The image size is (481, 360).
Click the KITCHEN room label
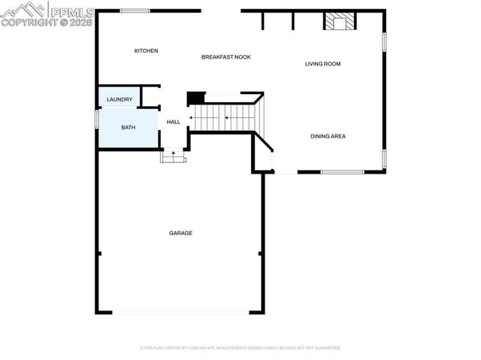pyautogui.click(x=146, y=51)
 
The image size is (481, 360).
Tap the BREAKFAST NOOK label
pyautogui.click(x=225, y=57)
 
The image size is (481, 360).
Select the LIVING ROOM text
pyautogui.click(x=322, y=64)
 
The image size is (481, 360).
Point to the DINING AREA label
pyautogui.click(x=328, y=136)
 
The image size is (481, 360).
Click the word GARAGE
pyautogui.click(x=180, y=233)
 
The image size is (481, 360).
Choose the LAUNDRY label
pyautogui.click(x=119, y=99)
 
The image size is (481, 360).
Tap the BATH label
pyautogui.click(x=129, y=127)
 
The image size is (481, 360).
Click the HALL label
pyautogui.click(x=174, y=122)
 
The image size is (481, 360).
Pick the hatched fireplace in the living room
pyautogui.click(x=339, y=23)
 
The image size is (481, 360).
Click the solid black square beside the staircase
pyautogui.click(x=195, y=98)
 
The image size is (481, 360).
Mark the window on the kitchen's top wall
pyautogui.click(x=135, y=11)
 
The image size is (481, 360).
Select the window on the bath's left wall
pyautogui.click(x=97, y=119)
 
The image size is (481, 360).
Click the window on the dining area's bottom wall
pyautogui.click(x=342, y=172)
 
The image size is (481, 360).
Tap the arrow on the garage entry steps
pyautogui.click(x=174, y=156)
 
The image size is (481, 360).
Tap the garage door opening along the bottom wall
pyautogui.click(x=180, y=313)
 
